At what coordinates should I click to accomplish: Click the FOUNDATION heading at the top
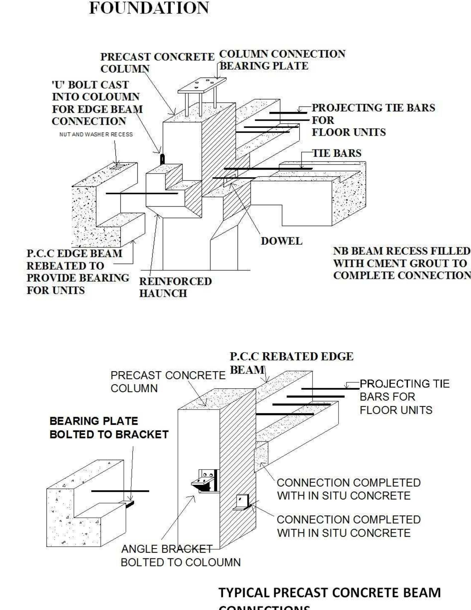click(149, 8)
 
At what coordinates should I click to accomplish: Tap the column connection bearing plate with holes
click(202, 85)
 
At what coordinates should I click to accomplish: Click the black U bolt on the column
click(162, 159)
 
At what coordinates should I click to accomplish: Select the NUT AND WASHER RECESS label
click(96, 135)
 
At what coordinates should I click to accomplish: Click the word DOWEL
click(281, 241)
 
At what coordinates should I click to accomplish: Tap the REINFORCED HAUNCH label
click(175, 287)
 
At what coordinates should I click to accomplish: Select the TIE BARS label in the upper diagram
click(337, 153)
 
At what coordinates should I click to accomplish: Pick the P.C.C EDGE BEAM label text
click(74, 254)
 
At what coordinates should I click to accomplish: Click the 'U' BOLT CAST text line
click(90, 85)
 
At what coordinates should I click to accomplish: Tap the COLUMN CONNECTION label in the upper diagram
click(282, 54)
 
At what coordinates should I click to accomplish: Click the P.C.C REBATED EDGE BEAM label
click(291, 357)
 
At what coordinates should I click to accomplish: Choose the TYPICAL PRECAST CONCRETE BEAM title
click(330, 593)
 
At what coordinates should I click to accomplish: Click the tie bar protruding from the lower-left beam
click(120, 491)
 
